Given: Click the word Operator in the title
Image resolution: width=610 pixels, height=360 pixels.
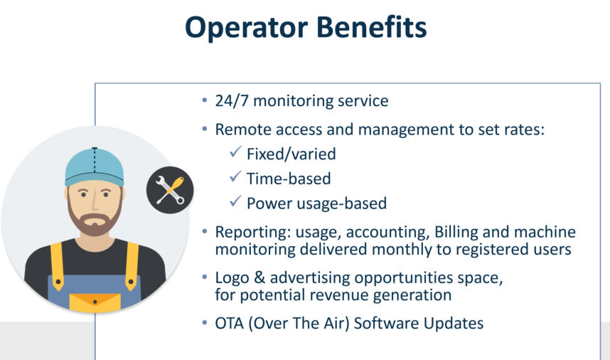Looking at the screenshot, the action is click(x=247, y=28).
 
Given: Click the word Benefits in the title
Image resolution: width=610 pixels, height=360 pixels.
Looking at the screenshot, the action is click(x=372, y=26).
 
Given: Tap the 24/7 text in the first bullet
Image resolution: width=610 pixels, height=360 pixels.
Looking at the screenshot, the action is click(x=232, y=101).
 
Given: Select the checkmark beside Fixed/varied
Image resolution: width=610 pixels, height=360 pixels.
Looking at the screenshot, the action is click(x=235, y=152).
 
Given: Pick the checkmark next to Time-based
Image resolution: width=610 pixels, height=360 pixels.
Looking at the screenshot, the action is click(x=235, y=176).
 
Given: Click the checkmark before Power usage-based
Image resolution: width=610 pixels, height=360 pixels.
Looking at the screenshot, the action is click(x=235, y=201).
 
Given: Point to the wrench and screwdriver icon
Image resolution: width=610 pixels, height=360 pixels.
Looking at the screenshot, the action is click(x=170, y=190).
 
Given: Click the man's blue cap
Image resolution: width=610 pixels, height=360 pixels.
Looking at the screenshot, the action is click(x=95, y=167).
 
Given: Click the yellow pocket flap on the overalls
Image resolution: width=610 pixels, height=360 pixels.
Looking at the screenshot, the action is click(x=95, y=302).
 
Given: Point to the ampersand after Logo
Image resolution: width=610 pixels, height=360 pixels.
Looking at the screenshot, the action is click(x=259, y=277).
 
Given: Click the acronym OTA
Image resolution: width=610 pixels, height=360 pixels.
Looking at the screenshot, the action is click(x=230, y=324).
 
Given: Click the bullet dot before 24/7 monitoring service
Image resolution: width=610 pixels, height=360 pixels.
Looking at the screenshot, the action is click(x=205, y=100).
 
